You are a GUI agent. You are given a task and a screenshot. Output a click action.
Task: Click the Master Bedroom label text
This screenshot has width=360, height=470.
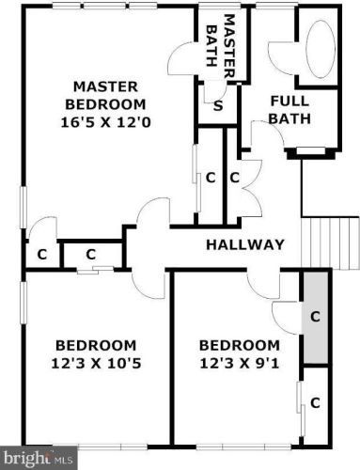(105, 95)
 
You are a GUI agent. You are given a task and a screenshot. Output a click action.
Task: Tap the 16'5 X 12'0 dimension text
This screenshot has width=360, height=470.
(105, 122)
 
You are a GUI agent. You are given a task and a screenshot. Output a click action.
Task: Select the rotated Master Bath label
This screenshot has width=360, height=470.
(221, 46)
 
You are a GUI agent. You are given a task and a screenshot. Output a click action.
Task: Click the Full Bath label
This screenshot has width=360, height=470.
(290, 110)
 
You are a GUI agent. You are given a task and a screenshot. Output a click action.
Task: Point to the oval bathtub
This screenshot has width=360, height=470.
(321, 50)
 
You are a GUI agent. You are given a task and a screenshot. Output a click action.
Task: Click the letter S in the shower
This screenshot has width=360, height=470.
(218, 106)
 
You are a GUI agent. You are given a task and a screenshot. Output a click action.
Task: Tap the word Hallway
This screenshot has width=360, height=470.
(245, 244)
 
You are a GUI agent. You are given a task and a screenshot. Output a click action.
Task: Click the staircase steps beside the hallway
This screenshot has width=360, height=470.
(330, 243)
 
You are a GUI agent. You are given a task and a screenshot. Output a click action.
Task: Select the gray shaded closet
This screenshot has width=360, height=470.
(315, 318)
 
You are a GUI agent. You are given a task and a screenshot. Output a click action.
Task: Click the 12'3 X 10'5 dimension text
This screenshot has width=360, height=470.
(96, 364)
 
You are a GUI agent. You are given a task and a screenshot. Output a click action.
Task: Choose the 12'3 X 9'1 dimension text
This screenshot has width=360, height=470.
(240, 364)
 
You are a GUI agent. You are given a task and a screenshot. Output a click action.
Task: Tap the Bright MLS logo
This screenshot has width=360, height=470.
(39, 458)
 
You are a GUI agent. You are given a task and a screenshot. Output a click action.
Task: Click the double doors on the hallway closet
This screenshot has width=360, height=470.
(251, 188)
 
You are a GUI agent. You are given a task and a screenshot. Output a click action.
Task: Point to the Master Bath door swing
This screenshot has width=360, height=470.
(182, 57)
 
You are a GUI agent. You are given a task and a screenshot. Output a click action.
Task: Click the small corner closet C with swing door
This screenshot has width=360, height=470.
(41, 254)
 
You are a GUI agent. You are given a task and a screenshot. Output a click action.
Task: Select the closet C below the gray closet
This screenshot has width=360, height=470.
(315, 402)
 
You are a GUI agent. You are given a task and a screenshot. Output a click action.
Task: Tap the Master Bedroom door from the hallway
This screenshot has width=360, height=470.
(153, 211)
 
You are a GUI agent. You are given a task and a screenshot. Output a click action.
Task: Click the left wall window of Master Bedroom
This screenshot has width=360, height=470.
(23, 207)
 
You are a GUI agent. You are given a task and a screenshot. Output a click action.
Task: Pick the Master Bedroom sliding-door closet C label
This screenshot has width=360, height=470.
(211, 178)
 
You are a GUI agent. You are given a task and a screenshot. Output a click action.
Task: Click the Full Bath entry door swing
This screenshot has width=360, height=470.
(267, 134)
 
